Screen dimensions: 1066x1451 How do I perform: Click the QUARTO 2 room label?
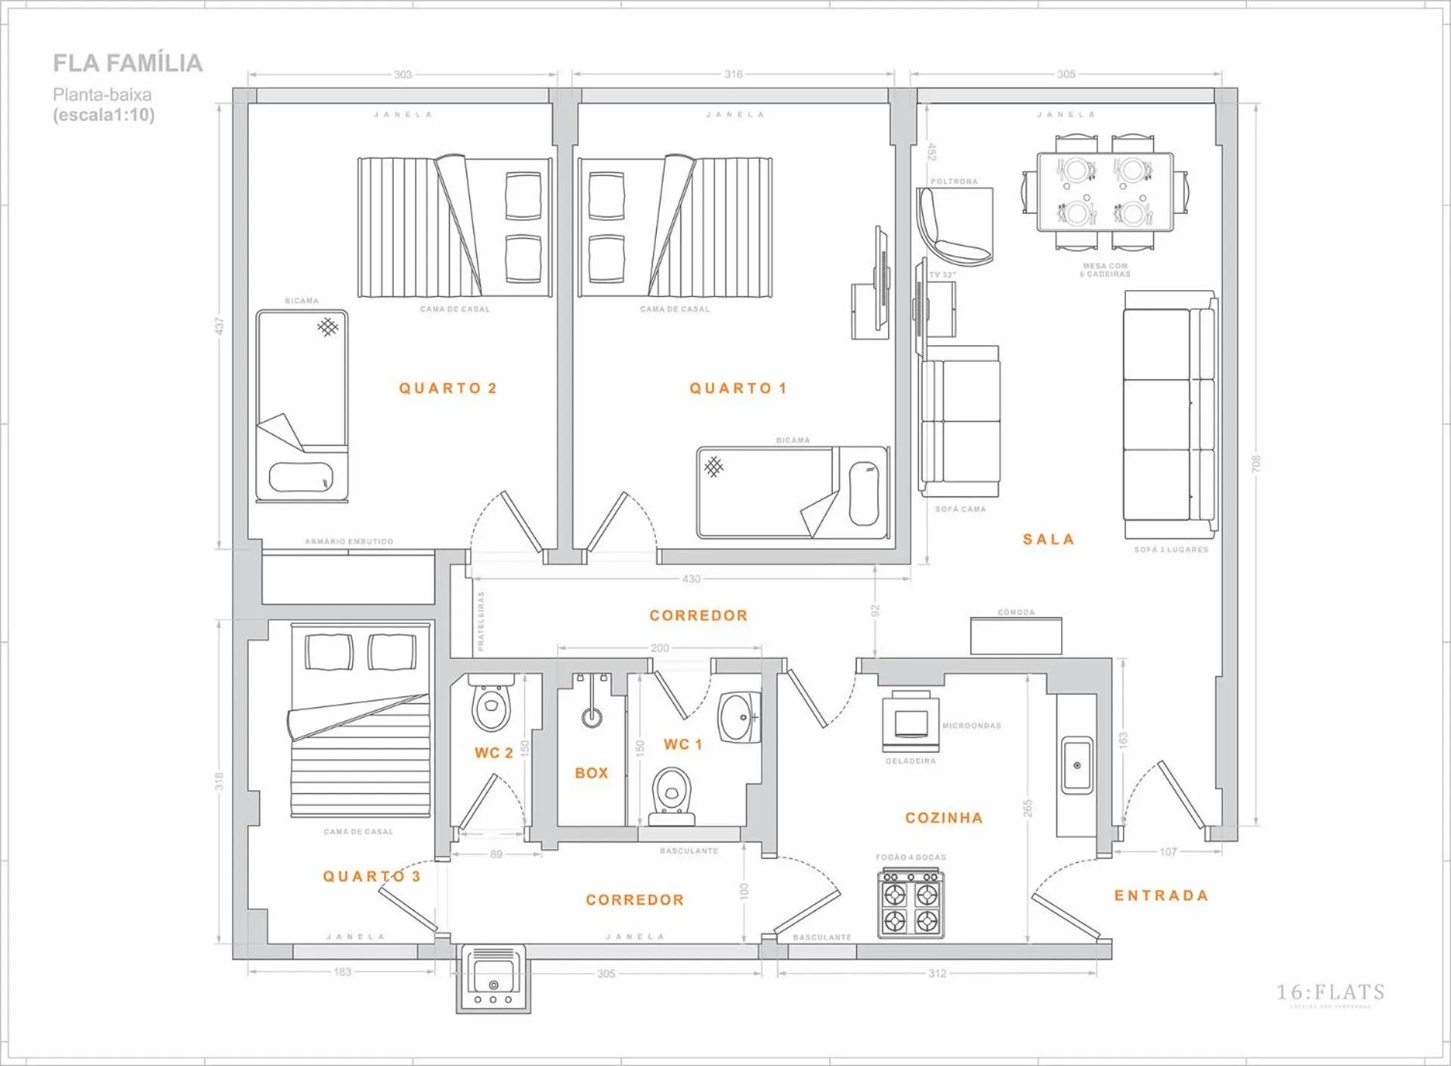[447, 388]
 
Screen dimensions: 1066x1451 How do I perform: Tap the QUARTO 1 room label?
[738, 388]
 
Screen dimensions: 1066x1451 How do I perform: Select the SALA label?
[1048, 539]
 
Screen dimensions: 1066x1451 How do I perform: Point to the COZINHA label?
[944, 817]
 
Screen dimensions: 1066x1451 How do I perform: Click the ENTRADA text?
[1161, 895]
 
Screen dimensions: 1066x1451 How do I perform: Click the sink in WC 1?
[738, 717]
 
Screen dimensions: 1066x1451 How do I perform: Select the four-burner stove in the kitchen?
[911, 904]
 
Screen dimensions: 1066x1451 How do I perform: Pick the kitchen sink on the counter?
[1076, 765]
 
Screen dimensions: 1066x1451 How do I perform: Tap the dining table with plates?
[1105, 192]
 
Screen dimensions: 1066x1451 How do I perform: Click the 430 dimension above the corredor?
[691, 579]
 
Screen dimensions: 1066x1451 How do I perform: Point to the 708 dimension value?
[1256, 463]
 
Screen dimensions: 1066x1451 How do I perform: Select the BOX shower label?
[591, 773]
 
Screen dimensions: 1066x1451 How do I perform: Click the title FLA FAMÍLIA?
[128, 63]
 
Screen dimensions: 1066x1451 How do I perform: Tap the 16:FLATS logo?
[1330, 993]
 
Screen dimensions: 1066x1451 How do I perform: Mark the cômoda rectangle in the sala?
[1016, 635]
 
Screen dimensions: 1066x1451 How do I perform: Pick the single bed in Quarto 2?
[302, 406]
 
